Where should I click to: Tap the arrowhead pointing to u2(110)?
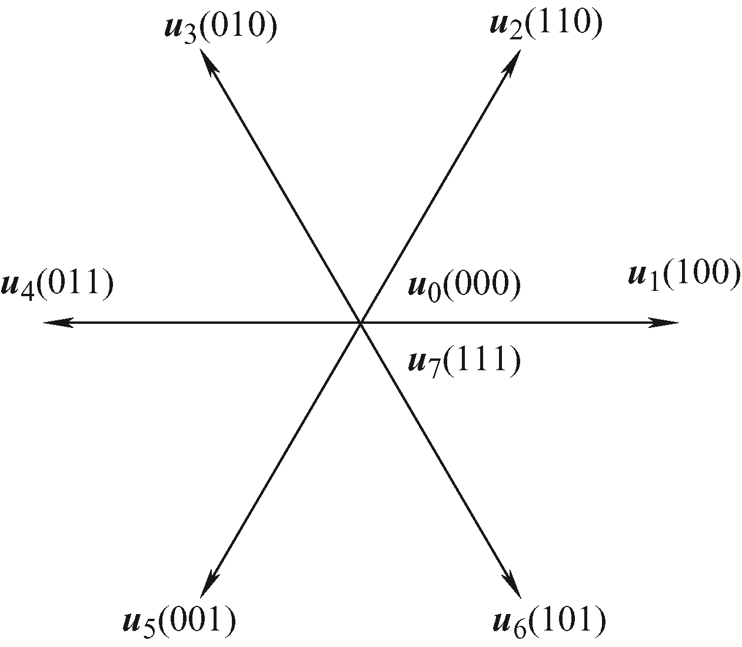pyautogui.click(x=513, y=62)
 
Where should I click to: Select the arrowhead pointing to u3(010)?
pyautogui.click(x=208, y=62)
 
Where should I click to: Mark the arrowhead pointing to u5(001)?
pyautogui.click(x=208, y=583)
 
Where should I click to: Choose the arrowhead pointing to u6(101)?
pyautogui.click(x=513, y=583)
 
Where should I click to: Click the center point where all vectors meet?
pyautogui.click(x=361, y=322)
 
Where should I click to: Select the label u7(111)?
pyautogui.click(x=465, y=361)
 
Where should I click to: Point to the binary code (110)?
pyautogui.click(x=563, y=23)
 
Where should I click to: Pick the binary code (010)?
pyautogui.click(x=238, y=26)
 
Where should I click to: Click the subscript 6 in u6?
pyautogui.click(x=520, y=629)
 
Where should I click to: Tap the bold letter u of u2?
pyautogui.click(x=501, y=24)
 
